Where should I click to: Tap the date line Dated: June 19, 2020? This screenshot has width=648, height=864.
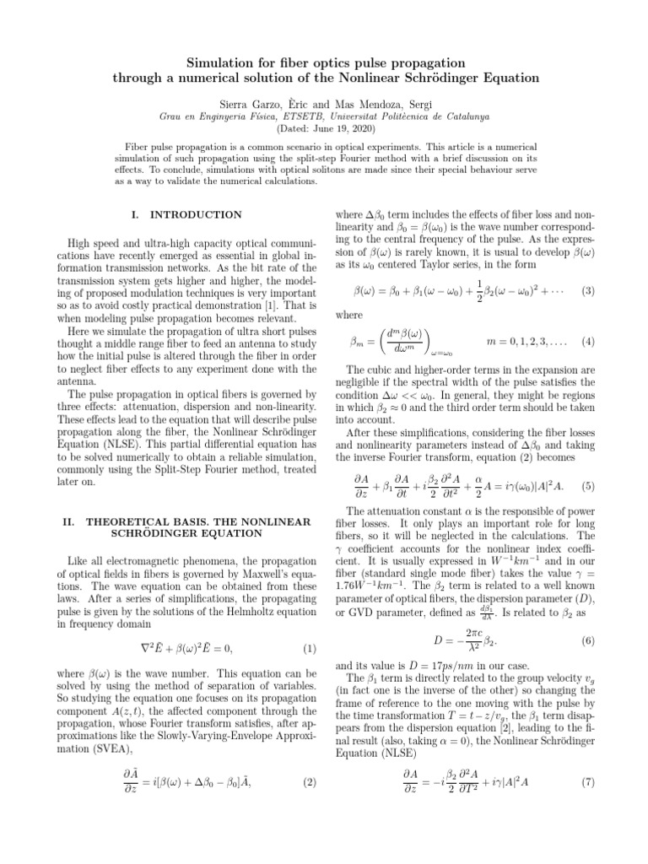point(323,128)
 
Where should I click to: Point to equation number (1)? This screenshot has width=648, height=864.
point(309,648)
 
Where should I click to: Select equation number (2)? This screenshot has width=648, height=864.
point(309,781)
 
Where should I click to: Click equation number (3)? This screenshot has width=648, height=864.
point(588,291)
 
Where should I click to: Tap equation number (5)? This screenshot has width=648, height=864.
point(588,486)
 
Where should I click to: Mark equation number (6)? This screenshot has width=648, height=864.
point(588,618)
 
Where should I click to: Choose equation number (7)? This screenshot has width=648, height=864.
point(588,781)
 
